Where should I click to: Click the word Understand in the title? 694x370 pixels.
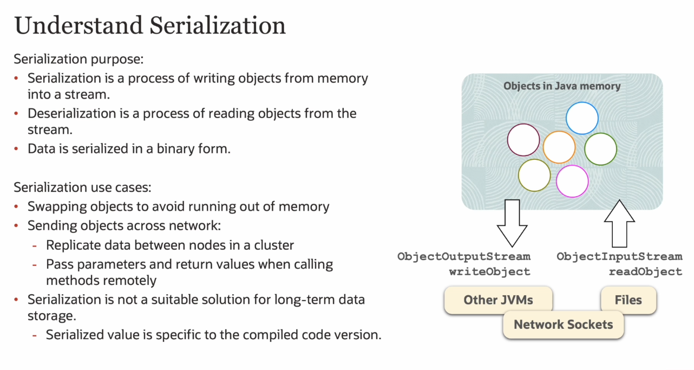(78, 25)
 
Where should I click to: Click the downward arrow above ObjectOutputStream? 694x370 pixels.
(512, 223)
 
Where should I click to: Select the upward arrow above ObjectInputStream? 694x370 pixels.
(619, 223)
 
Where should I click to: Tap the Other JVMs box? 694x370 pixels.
(498, 300)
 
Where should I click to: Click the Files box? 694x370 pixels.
(628, 300)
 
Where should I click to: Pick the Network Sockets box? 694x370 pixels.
(563, 324)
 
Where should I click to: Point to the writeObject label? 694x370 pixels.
(490, 272)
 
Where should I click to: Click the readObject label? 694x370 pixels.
(645, 272)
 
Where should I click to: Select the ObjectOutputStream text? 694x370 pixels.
(464, 256)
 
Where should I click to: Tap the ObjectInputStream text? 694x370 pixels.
(619, 256)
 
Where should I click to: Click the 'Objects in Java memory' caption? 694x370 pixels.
(562, 86)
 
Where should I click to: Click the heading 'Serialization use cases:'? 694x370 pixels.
(82, 187)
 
